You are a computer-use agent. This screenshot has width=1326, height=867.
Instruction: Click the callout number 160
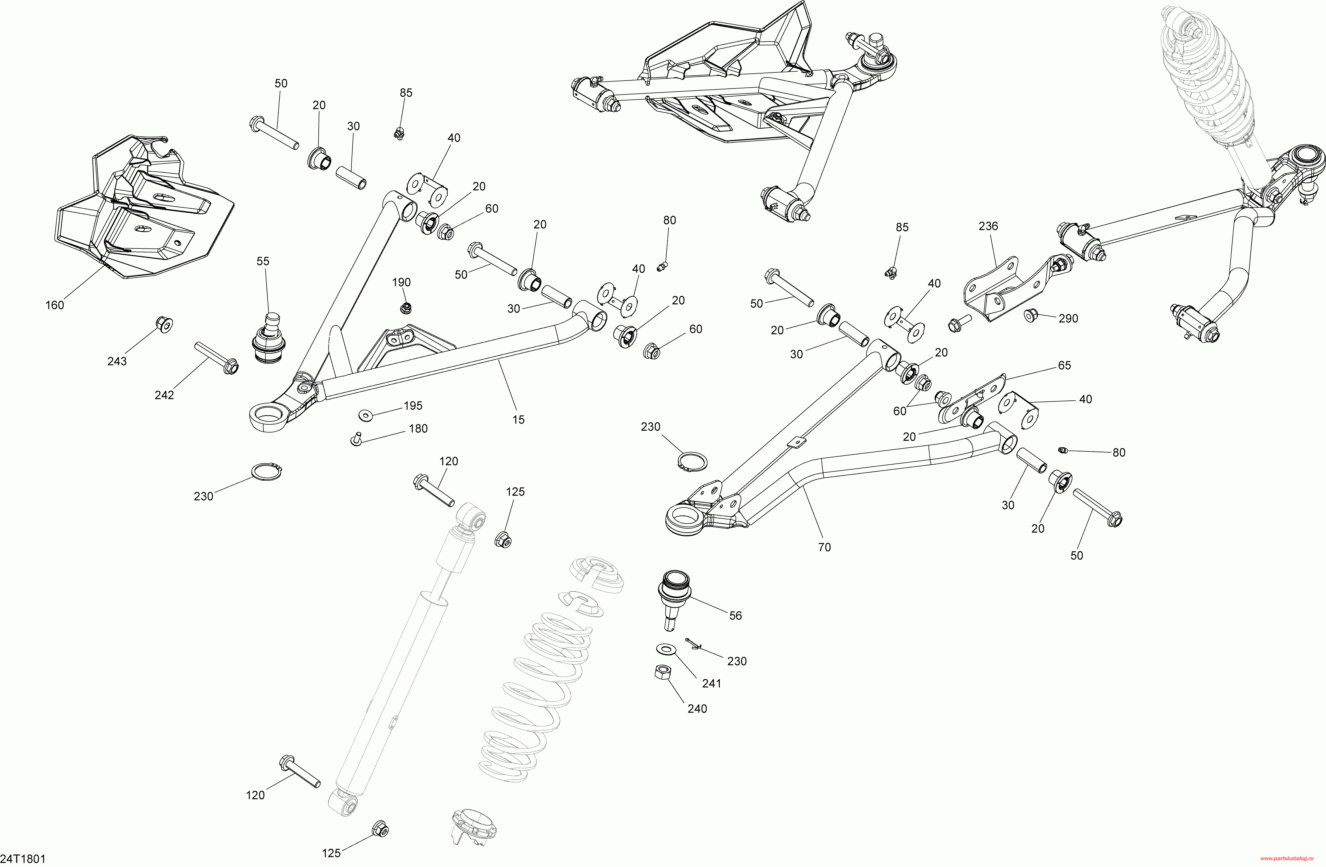point(55,305)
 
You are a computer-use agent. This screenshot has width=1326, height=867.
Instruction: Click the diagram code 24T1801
point(23,859)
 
